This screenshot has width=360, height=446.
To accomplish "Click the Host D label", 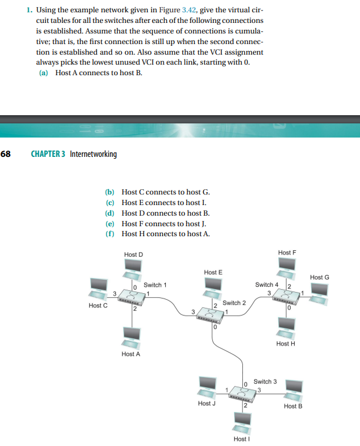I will coord(134,254).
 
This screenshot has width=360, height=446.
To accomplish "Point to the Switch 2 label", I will coord(234,303).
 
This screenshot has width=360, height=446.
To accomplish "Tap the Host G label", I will coord(319,277).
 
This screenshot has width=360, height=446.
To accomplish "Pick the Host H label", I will coord(285,343).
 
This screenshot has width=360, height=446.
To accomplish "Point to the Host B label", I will coord(292,406).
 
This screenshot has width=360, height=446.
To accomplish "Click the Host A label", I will coord(131,354).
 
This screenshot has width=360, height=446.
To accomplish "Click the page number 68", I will coord(6,154).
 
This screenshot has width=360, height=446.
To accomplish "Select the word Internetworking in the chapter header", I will coord(93,154).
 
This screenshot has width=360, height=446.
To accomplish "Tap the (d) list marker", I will coord(109,213).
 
